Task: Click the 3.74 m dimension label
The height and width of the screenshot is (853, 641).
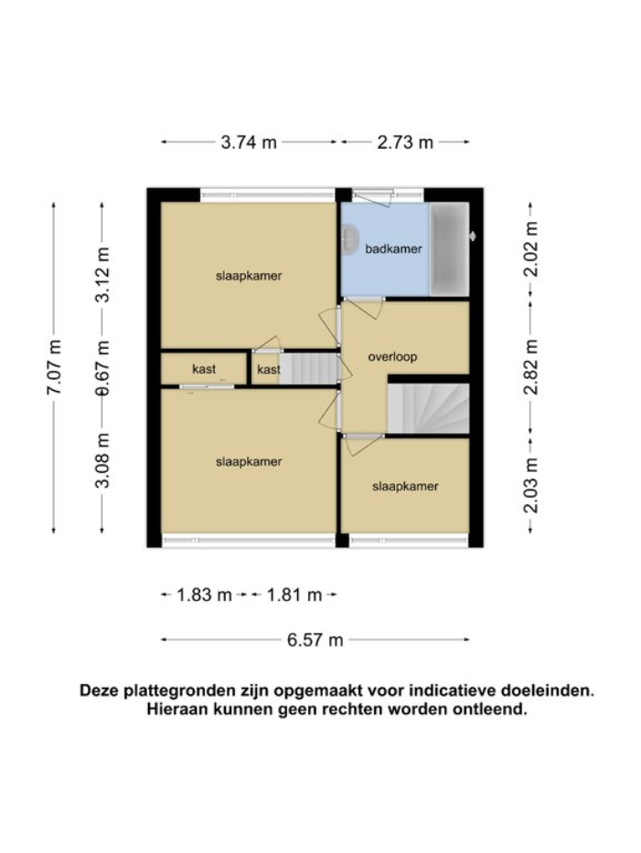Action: coord(250,142)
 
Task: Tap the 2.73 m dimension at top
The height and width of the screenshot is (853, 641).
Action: coord(405,142)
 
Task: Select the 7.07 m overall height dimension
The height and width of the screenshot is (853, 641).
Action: coord(54,367)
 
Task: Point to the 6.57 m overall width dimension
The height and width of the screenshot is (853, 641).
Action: coord(315,640)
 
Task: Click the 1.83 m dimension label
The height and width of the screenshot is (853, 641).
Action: coord(204,595)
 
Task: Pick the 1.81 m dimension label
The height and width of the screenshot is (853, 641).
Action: coord(294,595)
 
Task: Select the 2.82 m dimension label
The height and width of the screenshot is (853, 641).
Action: coord(530,366)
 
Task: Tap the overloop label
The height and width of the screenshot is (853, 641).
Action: coord(392,357)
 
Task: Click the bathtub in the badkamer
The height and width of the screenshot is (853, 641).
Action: coord(449,247)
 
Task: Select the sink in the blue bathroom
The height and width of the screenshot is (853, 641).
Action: coord(350,241)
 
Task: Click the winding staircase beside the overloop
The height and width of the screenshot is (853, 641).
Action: coord(428,407)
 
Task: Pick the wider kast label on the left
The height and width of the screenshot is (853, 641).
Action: coord(204,369)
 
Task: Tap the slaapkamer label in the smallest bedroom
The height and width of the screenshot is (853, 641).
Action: coord(405,486)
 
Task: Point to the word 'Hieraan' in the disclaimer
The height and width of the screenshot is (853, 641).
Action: coord(176,709)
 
